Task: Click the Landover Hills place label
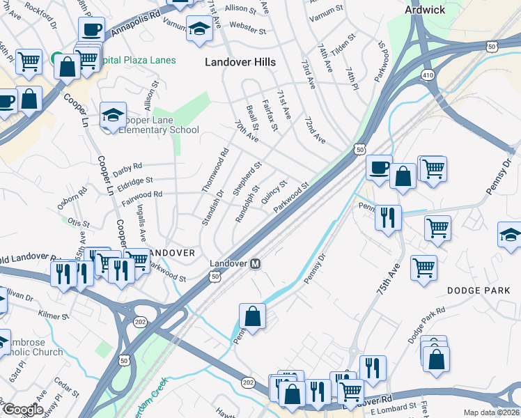coord(240,62)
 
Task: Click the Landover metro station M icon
coord(256,264)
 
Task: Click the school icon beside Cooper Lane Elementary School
coord(112,116)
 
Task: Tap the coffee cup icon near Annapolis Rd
coord(91,30)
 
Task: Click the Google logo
coord(22,410)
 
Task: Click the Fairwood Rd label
coord(141,194)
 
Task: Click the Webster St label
coord(248,31)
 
